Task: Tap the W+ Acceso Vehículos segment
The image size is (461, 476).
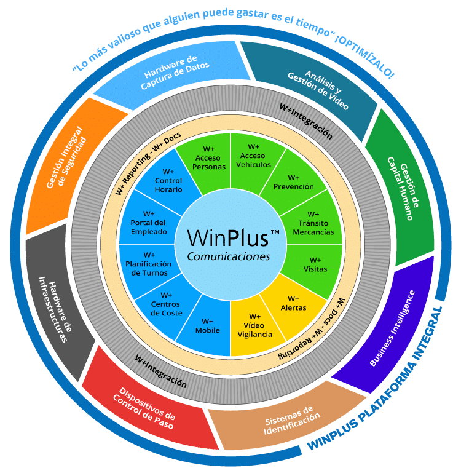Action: (253, 156)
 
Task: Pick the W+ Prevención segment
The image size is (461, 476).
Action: (293, 182)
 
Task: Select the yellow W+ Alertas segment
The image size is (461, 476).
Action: (293, 303)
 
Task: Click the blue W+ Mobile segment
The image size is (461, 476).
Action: (207, 325)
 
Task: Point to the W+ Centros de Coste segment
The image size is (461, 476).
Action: (166, 304)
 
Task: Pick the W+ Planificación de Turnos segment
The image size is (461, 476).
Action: (149, 264)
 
